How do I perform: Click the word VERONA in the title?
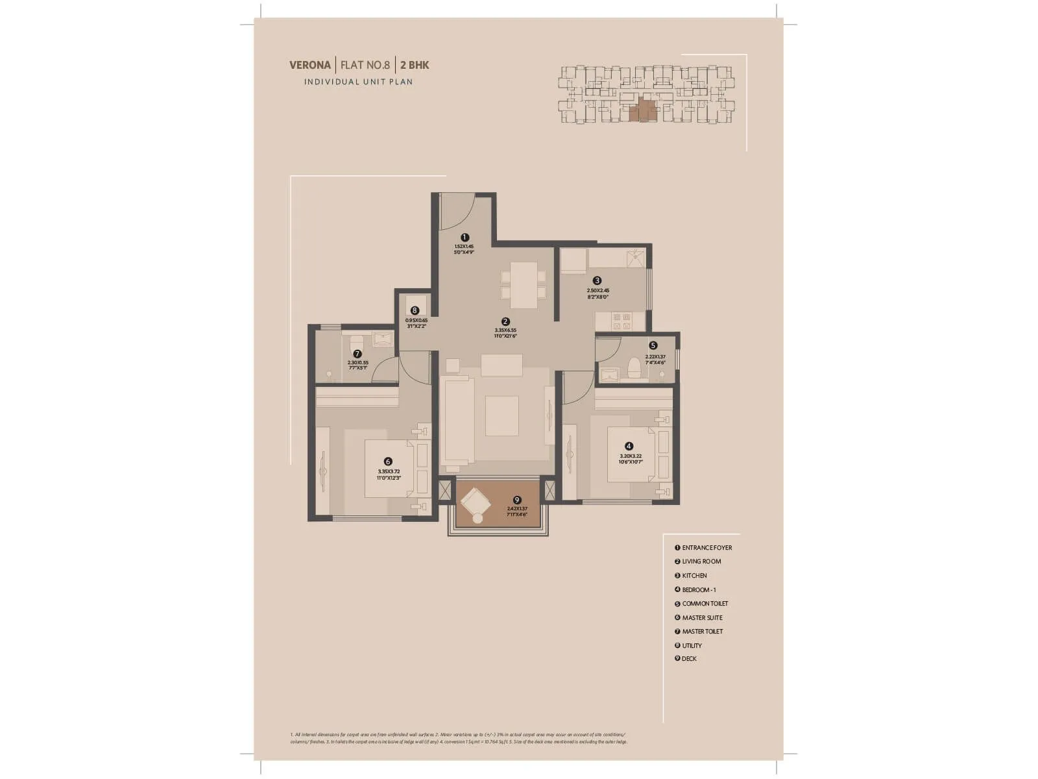point(310,65)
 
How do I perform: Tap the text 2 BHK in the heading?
point(415,65)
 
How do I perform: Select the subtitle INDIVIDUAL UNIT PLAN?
point(358,82)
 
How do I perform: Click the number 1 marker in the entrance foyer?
point(465,238)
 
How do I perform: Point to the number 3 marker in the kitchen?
point(597,280)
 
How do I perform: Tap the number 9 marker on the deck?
point(517,500)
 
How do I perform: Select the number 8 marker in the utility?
point(415,311)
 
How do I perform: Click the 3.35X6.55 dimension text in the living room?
point(505,330)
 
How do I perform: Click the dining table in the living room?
point(524,284)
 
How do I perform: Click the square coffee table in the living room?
point(501,415)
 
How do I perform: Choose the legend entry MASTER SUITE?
point(702,617)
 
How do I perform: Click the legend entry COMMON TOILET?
point(705,604)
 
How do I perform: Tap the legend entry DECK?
point(689,659)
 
